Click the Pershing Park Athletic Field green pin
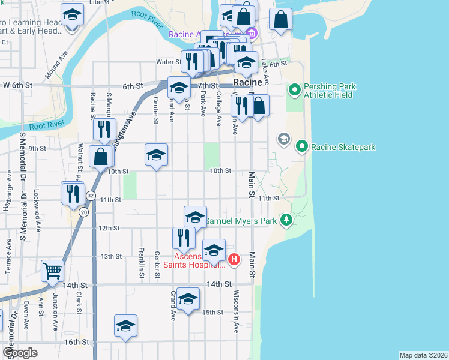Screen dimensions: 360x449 pos(295,91)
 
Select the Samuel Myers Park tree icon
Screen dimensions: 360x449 pos(287,221)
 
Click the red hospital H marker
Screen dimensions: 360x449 pos(234,260)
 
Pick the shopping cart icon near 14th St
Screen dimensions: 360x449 pos(52,271)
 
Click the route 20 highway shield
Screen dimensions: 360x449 pos(83,212)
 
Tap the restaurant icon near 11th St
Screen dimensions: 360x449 pos(71,193)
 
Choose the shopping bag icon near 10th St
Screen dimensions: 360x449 pos(100,157)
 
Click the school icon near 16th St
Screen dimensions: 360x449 pos(125,325)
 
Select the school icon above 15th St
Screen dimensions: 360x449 pos(188,299)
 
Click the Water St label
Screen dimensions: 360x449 pos(169,62)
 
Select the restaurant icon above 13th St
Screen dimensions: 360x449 pos(184,238)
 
